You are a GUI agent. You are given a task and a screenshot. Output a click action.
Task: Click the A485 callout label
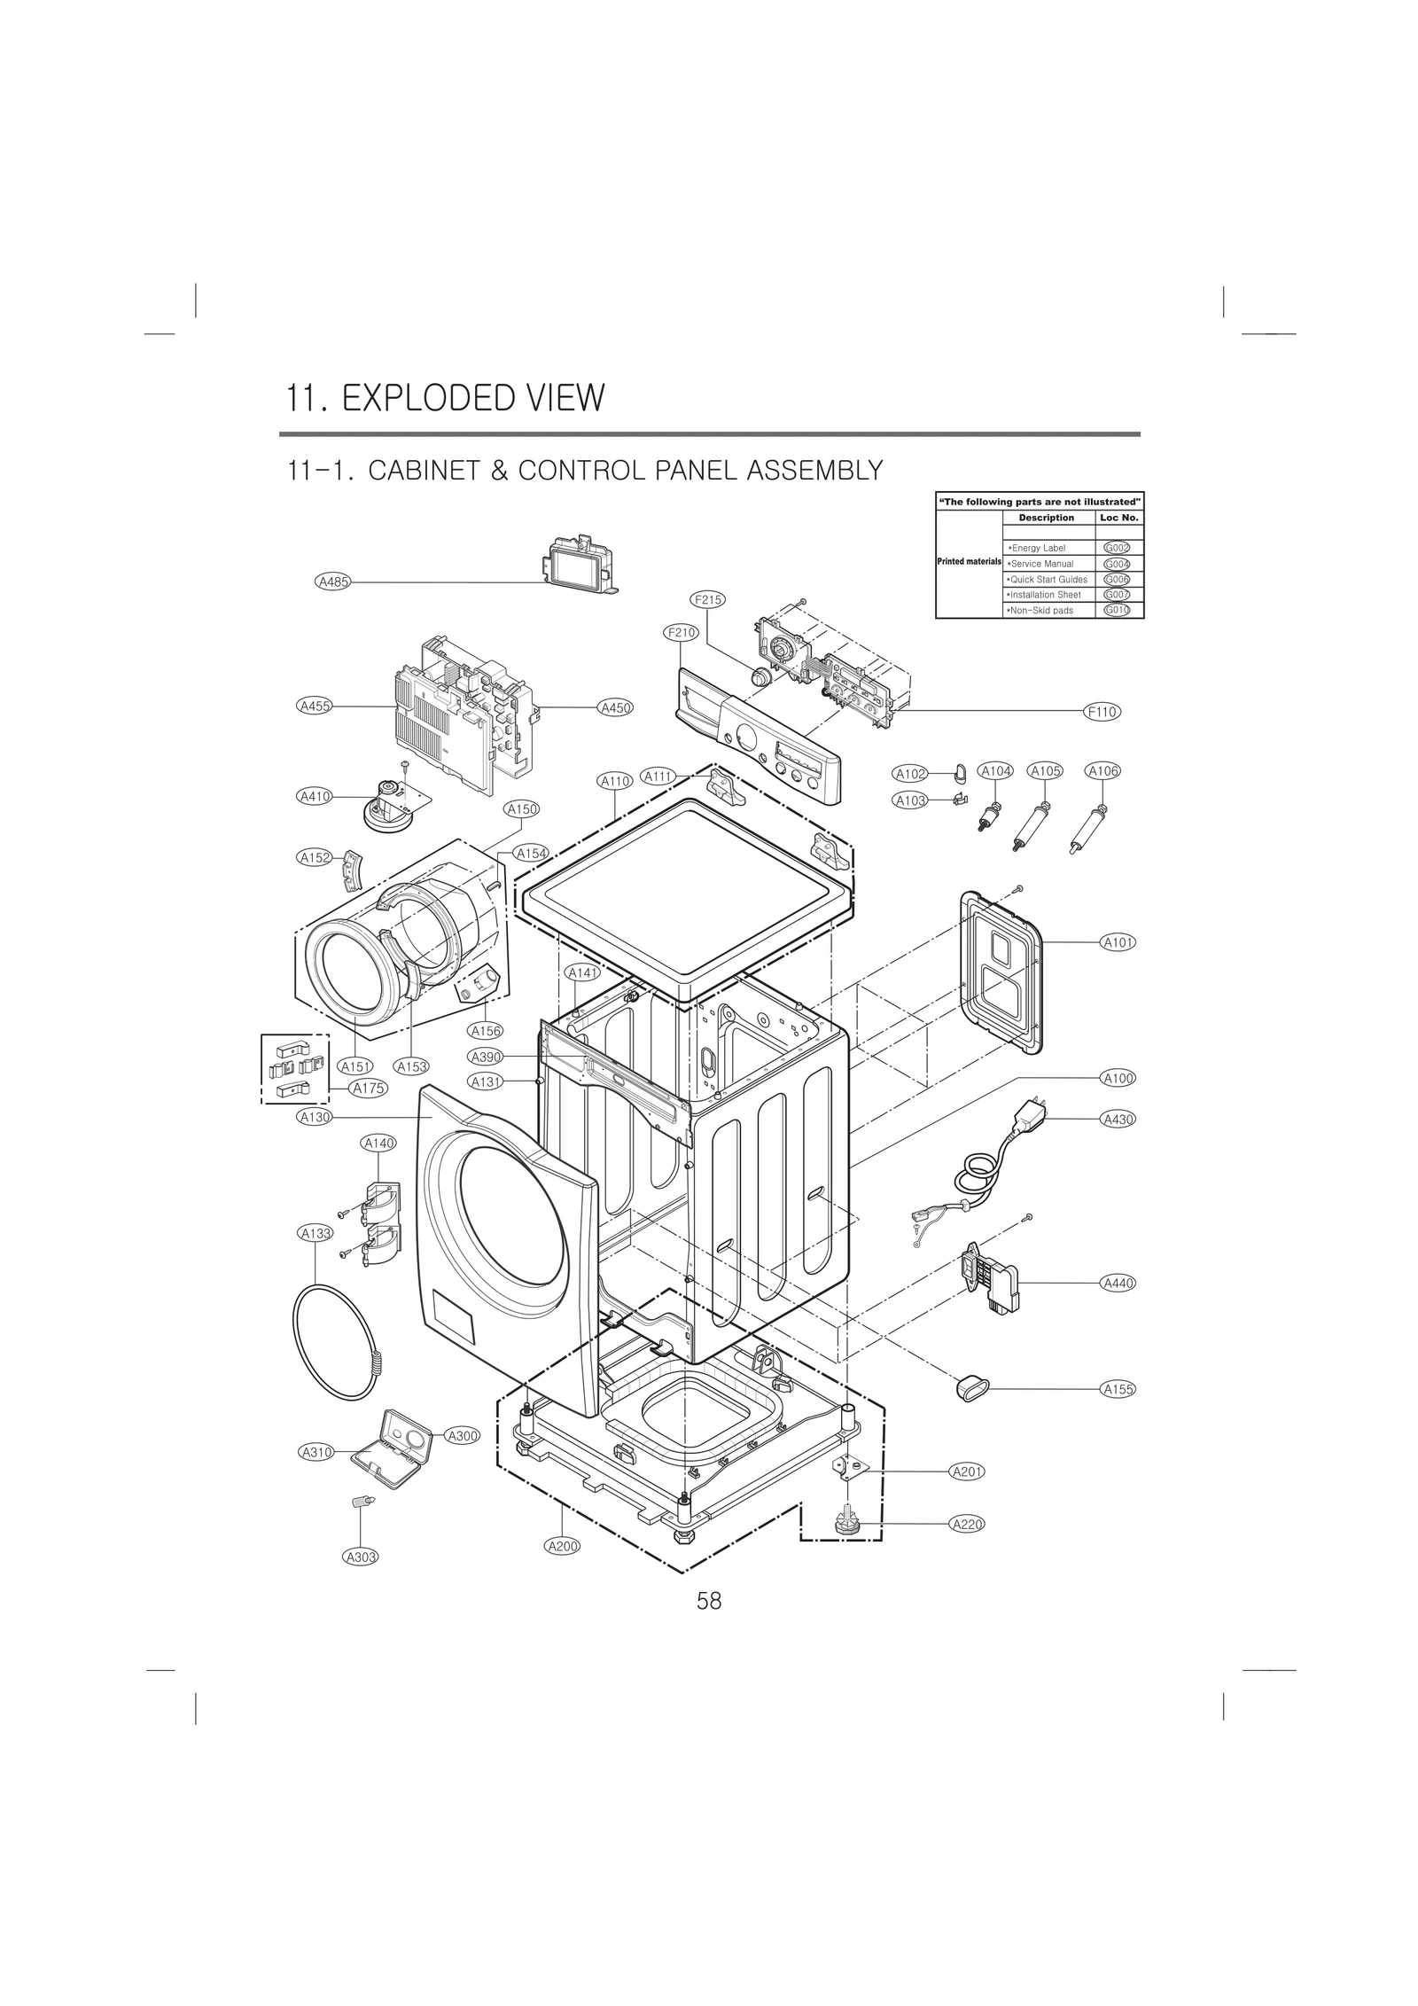pos(333,582)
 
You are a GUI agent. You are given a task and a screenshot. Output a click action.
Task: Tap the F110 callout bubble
pos(1102,711)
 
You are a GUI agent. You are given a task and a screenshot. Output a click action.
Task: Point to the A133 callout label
pos(316,1233)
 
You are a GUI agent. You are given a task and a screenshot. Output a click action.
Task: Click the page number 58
pos(709,1601)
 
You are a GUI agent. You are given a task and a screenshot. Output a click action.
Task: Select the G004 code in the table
pos(1117,564)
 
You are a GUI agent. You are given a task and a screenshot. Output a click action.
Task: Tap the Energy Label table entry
pos(1038,548)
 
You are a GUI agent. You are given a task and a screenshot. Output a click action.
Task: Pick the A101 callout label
pos(1118,942)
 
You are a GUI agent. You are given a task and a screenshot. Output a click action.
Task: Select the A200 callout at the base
pos(562,1546)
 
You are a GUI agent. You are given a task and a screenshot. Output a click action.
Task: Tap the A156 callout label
pos(486,1031)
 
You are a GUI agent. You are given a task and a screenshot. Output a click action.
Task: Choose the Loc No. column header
pos(1118,518)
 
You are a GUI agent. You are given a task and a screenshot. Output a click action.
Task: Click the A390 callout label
pos(486,1057)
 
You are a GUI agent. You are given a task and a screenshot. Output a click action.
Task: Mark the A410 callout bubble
pos(314,796)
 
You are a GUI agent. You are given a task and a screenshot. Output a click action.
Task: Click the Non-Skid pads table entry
pos(1040,611)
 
